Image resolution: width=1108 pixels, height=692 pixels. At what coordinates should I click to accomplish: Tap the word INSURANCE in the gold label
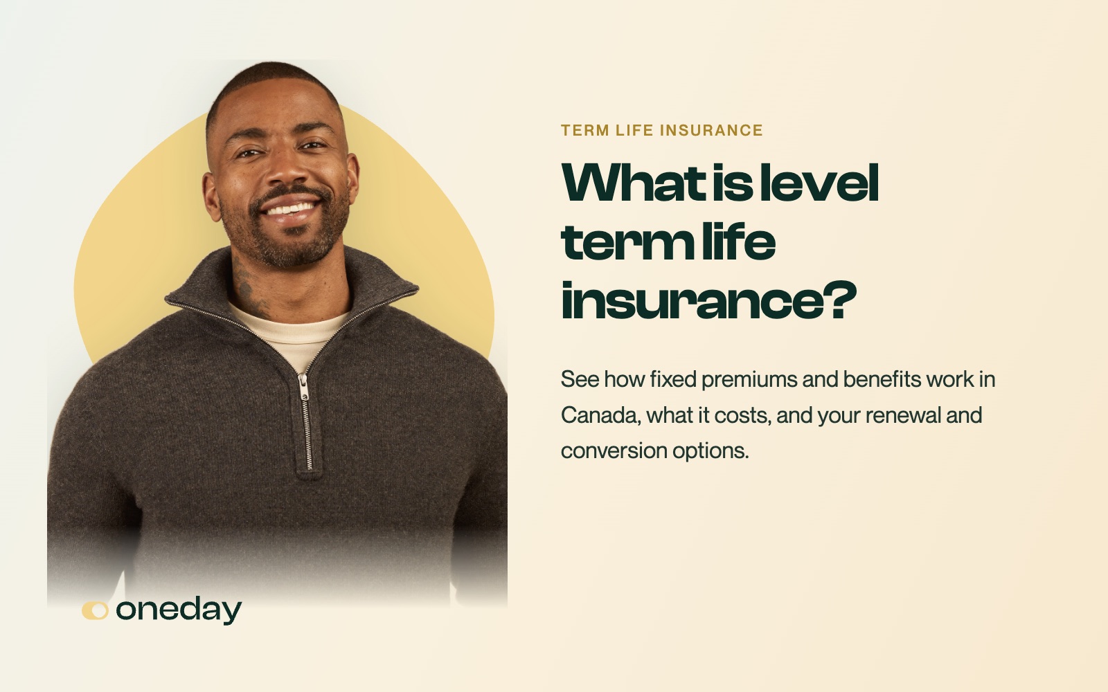coord(711,131)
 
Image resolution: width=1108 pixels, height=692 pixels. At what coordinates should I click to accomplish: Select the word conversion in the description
coord(614,450)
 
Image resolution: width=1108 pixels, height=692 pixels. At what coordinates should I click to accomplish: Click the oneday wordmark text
coord(179,611)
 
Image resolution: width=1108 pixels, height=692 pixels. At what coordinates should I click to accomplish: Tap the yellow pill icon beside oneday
coord(95,610)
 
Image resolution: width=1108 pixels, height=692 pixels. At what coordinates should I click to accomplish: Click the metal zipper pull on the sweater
coord(303,387)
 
